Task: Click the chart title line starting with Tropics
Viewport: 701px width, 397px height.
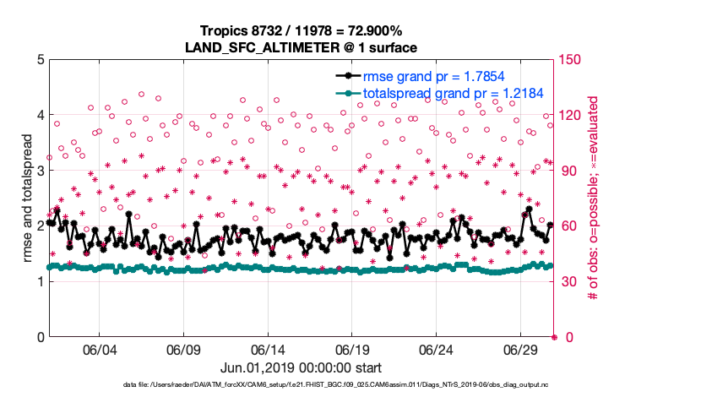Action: click(x=302, y=31)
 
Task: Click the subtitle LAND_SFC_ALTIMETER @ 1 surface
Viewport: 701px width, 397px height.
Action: click(x=302, y=47)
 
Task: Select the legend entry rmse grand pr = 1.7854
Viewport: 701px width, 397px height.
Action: click(x=440, y=77)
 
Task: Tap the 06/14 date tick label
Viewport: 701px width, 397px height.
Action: click(x=268, y=350)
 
